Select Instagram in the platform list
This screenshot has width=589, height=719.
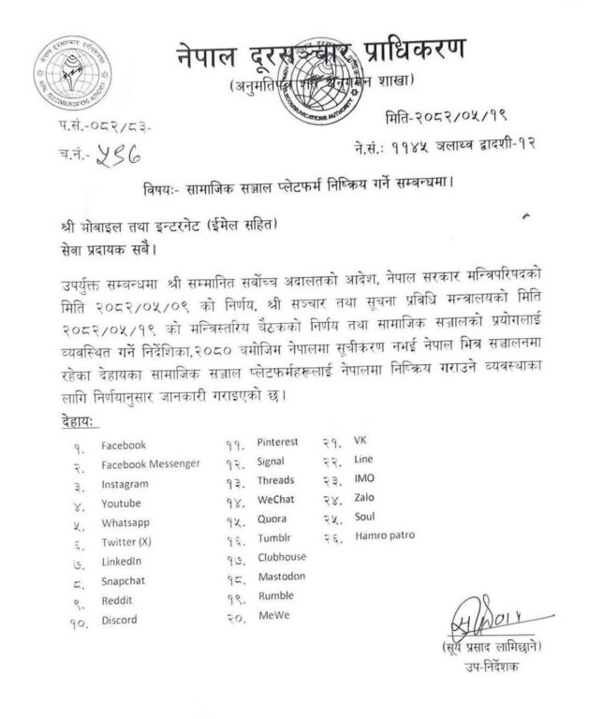click(125, 485)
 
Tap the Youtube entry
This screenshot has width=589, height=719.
click(122, 504)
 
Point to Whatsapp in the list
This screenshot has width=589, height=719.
click(125, 522)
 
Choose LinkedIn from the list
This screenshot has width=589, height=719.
click(122, 562)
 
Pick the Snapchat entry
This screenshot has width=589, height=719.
click(125, 581)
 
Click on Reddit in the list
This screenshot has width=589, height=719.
click(117, 600)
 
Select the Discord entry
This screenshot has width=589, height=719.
click(119, 620)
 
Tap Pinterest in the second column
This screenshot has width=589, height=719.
click(279, 443)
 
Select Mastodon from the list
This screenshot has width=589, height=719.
click(281, 577)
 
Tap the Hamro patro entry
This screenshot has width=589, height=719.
click(385, 536)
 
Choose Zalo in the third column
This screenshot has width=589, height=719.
click(363, 497)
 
